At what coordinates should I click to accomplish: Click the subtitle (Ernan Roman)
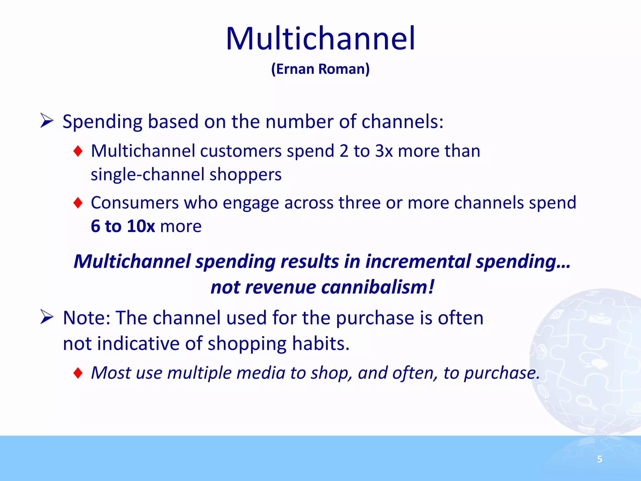pyautogui.click(x=320, y=69)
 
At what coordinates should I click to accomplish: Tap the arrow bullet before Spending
pyautogui.click(x=47, y=121)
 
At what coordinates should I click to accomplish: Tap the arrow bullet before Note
pyautogui.click(x=47, y=317)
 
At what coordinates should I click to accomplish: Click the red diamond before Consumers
pyautogui.click(x=78, y=203)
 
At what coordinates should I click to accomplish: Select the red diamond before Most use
pyautogui.click(x=78, y=373)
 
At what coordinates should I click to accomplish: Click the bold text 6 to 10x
pyautogui.click(x=123, y=226)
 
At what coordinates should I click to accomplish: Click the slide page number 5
pyautogui.click(x=599, y=459)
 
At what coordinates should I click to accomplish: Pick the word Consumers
pyautogui.click(x=135, y=203)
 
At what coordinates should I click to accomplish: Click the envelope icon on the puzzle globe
pyautogui.click(x=599, y=319)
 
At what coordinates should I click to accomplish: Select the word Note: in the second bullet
pyautogui.click(x=87, y=318)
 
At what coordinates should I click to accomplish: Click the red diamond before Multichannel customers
pyautogui.click(x=78, y=151)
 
